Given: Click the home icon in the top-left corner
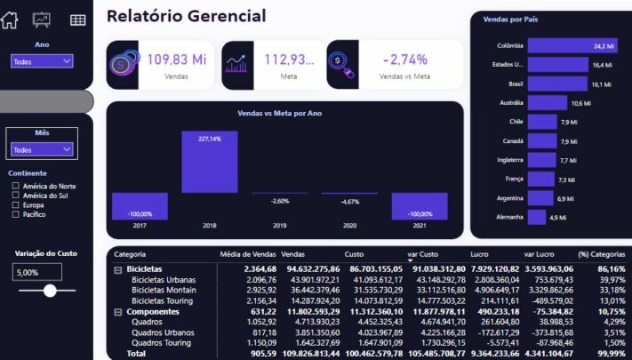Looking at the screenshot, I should (9, 19).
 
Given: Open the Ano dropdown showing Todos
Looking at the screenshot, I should (42, 61).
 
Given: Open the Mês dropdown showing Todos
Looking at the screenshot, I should (42, 149).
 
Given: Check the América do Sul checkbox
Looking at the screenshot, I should (15, 196).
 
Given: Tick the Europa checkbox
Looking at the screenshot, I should (15, 204).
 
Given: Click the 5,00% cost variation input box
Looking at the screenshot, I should (37, 272).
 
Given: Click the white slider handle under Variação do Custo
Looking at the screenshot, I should (50, 290).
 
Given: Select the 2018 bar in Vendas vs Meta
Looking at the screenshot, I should (210, 162).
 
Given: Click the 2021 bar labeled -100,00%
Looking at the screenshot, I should (420, 206).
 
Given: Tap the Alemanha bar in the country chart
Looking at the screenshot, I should (536, 217).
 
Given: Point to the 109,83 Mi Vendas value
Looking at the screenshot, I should (176, 60).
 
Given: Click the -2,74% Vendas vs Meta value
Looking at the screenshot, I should (404, 60).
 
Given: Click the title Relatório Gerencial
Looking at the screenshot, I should (186, 16).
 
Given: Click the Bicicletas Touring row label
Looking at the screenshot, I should (164, 301).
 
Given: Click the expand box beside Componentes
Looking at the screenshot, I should (118, 312).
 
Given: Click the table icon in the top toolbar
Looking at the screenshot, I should (78, 20).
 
